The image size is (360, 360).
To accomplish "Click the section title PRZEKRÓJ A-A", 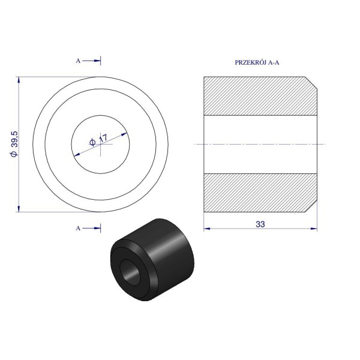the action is (257, 62).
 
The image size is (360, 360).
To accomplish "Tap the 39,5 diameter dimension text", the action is (14, 144).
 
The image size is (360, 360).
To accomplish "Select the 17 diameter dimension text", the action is (98, 140).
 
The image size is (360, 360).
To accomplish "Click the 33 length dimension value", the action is (260, 224).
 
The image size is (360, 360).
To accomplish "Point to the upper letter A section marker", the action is (78, 61).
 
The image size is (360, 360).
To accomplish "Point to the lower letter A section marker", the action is (78, 228).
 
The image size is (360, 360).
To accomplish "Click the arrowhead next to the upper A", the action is (97, 61).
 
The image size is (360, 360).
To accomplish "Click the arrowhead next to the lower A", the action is (97, 228).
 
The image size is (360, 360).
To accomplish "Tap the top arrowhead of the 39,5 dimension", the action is (19, 80).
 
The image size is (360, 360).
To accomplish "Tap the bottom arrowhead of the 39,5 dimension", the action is (19, 208).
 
